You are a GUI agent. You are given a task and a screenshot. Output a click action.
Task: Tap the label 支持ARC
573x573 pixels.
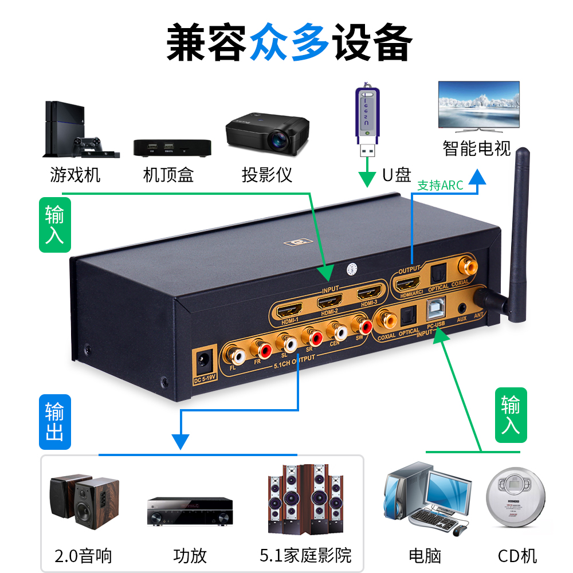click(x=440, y=186)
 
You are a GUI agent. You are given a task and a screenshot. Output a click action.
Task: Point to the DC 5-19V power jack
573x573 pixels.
click(x=203, y=362)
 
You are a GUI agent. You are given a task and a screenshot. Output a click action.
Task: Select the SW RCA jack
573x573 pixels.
click(x=363, y=327)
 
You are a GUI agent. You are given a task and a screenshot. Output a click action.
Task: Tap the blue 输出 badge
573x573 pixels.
click(x=55, y=422)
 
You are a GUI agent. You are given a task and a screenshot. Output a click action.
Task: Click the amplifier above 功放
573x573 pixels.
click(x=190, y=511)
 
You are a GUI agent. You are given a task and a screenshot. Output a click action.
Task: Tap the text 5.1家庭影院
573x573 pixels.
click(x=305, y=555)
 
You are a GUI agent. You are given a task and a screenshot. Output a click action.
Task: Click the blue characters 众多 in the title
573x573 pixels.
click(x=289, y=42)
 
